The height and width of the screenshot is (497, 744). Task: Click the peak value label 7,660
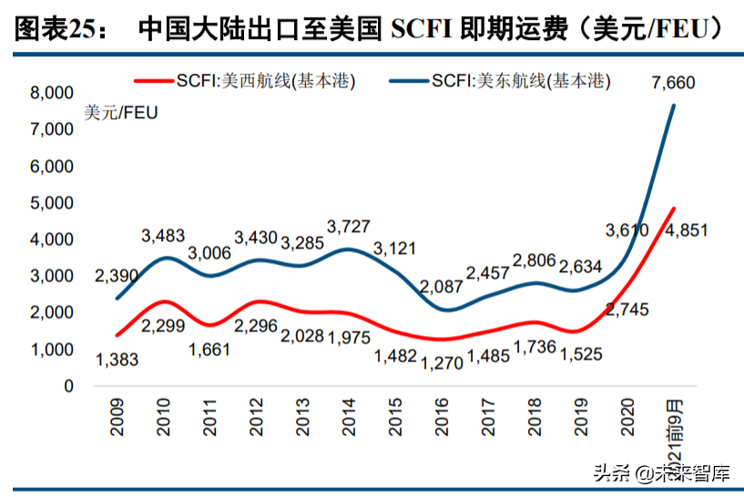(673, 84)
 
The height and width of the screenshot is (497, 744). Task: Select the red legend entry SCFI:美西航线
(245, 80)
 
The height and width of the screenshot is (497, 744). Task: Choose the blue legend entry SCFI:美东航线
(500, 80)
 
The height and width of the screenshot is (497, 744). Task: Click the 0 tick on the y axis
(67, 386)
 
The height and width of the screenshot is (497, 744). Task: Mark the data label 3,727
(348, 226)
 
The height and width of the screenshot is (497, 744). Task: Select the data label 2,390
(116, 276)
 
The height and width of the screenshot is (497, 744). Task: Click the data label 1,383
(116, 360)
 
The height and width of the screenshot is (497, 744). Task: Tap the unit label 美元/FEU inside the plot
(121, 113)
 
